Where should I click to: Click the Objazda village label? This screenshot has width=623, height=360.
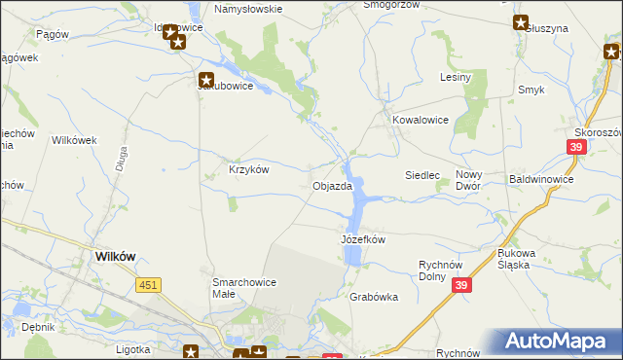pos(331,186)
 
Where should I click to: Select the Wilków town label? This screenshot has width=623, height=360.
pos(114,256)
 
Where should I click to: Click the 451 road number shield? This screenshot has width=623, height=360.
pos(148,284)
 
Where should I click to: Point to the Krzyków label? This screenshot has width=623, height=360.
pos(248,168)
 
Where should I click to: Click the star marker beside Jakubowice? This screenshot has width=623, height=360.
pos(206,81)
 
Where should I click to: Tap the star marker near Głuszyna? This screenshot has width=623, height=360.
pos(520,22)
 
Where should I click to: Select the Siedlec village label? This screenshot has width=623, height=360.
pos(422,175)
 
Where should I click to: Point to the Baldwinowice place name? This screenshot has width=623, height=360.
pos(541,180)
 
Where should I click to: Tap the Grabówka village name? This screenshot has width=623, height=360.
pos(374,298)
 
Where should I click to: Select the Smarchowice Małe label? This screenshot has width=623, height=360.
pos(244,288)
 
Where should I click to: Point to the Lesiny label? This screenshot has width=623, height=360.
pos(456,77)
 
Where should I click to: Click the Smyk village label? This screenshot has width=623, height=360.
pos(531,90)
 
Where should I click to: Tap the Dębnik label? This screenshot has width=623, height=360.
pos(38,328)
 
